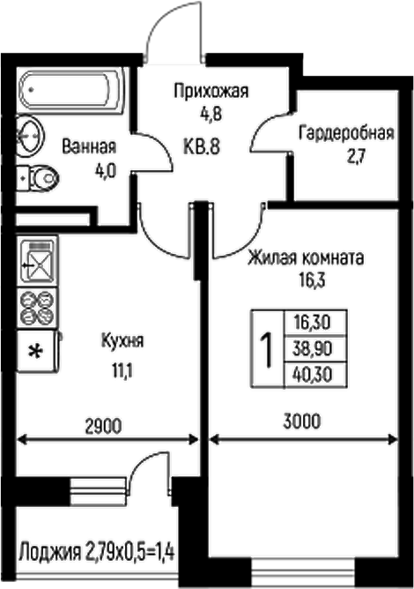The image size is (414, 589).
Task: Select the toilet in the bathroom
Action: click(37, 181)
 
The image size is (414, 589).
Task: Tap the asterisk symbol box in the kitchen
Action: click(36, 352)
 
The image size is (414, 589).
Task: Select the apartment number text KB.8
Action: click(202, 147)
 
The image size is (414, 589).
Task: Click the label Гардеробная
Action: click(344, 134)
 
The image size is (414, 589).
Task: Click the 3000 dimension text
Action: click(301, 421)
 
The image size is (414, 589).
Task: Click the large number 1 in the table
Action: click(265, 350)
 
